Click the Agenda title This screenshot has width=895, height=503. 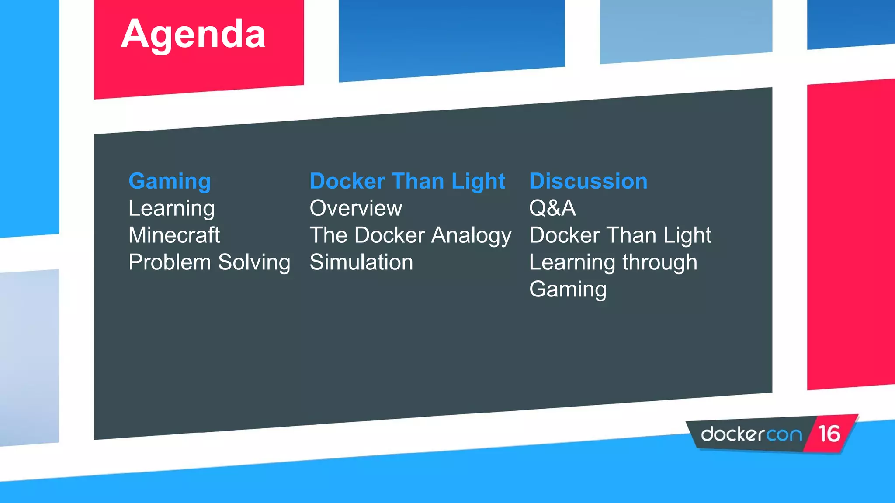(x=193, y=35)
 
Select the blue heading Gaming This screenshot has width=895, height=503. (x=170, y=181)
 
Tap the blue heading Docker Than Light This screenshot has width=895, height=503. (x=407, y=181)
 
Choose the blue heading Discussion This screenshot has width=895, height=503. (x=588, y=181)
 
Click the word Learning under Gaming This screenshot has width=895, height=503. (x=171, y=209)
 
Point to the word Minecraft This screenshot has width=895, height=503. (x=174, y=235)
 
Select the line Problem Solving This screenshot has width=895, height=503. (x=209, y=262)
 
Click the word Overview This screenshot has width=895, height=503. (x=356, y=208)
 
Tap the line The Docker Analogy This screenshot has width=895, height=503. (x=410, y=235)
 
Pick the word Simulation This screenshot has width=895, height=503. (x=361, y=262)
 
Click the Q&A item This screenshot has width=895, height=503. (x=552, y=208)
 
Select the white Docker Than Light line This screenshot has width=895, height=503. (x=620, y=235)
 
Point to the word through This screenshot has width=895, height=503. (x=659, y=262)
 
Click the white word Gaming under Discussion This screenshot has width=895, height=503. (x=568, y=289)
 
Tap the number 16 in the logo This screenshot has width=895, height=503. (x=829, y=434)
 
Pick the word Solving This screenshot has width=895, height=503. (x=254, y=262)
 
